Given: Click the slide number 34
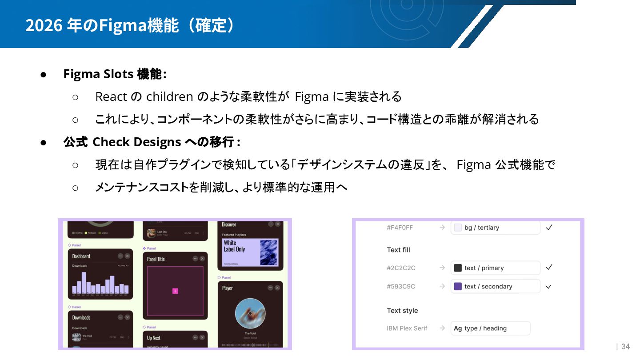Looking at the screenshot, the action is [625, 347].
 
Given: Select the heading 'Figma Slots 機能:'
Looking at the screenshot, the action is [115, 74].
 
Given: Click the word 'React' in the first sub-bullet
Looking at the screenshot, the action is [111, 96].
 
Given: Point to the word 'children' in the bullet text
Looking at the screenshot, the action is [169, 96].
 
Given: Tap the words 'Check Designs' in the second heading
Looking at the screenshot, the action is [136, 142].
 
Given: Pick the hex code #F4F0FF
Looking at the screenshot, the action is [400, 228].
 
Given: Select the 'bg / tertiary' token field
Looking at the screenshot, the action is [496, 228].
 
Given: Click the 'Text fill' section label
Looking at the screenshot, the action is [398, 250].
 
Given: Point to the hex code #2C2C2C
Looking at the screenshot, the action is [401, 268].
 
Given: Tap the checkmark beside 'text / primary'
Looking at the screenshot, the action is [549, 268].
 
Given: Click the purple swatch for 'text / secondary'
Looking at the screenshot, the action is [457, 286].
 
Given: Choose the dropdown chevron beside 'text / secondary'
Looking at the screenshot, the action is [548, 287].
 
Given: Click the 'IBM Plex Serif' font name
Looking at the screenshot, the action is [407, 328].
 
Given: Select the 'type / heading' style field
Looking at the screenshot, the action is [490, 328].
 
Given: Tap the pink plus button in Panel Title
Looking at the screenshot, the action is [175, 291].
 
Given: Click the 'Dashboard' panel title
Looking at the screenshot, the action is [81, 256].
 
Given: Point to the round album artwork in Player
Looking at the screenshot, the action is [250, 313].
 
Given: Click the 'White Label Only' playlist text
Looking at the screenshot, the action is [234, 246].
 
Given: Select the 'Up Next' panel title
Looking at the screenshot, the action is [154, 338].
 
